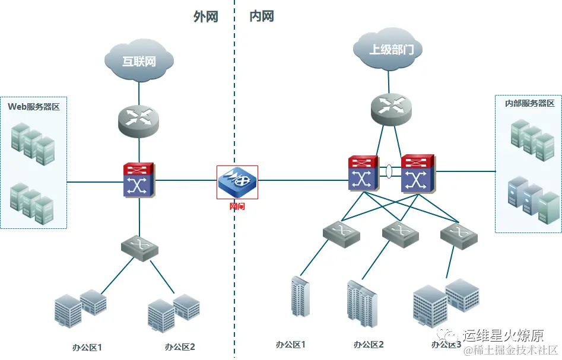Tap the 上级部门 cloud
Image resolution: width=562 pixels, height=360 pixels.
tap(388, 49)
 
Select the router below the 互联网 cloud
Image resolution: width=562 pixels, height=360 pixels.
tap(139, 117)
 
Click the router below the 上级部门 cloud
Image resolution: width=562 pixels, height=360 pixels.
tap(391, 107)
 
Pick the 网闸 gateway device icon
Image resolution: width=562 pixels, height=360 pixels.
tap(237, 180)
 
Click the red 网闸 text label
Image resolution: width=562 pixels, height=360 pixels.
tap(237, 206)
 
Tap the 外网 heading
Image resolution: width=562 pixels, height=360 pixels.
tap(206, 17)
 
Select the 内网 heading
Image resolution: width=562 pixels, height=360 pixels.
tap(262, 17)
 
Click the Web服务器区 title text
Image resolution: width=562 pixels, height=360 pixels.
tap(34, 107)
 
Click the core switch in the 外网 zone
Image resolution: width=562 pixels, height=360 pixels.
tap(139, 180)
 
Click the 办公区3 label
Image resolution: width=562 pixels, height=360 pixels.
tap(446, 345)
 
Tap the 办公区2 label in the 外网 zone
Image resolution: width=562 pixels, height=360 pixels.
tap(180, 347)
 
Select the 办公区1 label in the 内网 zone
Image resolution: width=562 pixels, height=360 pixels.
tap(290, 345)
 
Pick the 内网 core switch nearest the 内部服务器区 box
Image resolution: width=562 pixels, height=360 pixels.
tap(418, 173)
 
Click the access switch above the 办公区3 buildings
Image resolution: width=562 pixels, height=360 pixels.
tap(459, 235)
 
